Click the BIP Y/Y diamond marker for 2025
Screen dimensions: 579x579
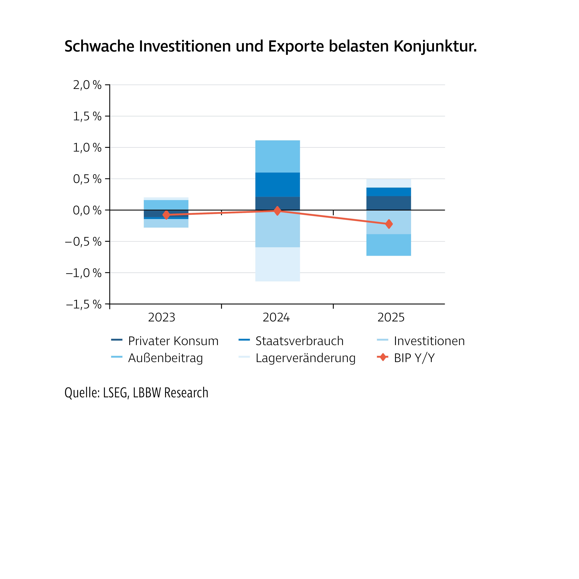pyautogui.click(x=389, y=224)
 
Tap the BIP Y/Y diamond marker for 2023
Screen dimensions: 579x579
pyautogui.click(x=166, y=215)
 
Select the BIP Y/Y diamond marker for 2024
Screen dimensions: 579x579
pyautogui.click(x=277, y=211)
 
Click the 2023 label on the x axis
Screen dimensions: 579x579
pyautogui.click(x=162, y=317)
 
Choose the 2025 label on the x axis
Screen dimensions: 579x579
pyautogui.click(x=391, y=317)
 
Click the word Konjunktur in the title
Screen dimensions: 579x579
pyautogui.click(x=435, y=47)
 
